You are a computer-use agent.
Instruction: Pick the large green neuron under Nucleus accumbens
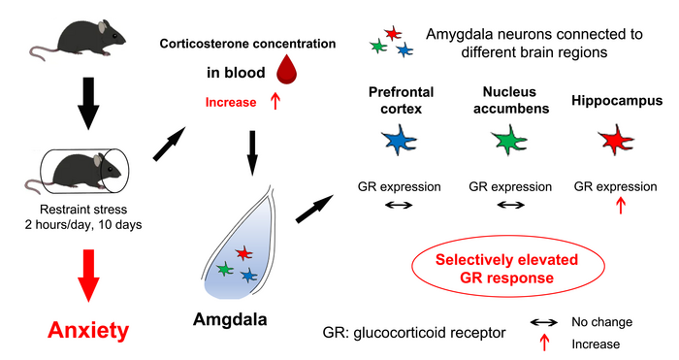click(x=504, y=143)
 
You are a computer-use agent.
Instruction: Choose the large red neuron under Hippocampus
click(x=613, y=143)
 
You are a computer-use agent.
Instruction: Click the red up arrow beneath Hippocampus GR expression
click(x=621, y=205)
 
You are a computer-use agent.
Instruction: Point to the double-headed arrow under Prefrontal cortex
click(x=399, y=206)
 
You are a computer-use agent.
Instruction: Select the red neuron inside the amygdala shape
click(x=242, y=253)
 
